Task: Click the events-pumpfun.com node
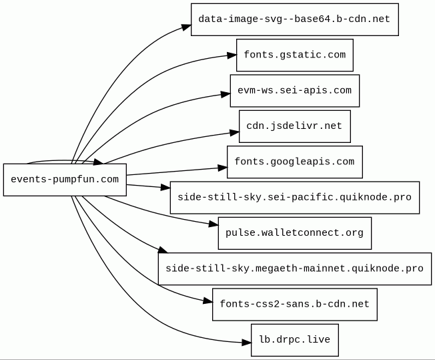point(65,180)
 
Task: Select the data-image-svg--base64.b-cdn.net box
point(295,19)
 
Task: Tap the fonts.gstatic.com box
point(295,55)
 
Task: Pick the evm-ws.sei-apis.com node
point(295,91)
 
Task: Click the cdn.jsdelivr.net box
point(295,126)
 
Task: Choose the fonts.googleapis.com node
point(295,162)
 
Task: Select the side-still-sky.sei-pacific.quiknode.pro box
point(295,198)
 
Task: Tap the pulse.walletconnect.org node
point(295,233)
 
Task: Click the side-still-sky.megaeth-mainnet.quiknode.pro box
point(295,268)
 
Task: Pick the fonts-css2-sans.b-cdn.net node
point(295,305)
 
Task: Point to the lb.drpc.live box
point(295,340)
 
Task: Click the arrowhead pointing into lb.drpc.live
point(247,343)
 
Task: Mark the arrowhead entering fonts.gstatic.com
point(232,55)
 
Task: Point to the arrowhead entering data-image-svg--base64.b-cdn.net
point(186,27)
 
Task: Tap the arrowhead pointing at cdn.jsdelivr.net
point(235,133)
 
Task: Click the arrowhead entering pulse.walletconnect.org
point(213,224)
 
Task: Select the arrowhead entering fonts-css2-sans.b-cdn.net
point(207,301)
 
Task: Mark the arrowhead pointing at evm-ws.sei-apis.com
point(226,94)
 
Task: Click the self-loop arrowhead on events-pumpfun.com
point(98,162)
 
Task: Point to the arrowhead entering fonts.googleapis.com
point(222,168)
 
